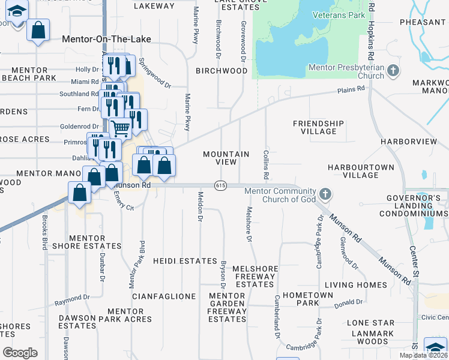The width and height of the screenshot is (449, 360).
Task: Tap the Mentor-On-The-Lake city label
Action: (107, 39)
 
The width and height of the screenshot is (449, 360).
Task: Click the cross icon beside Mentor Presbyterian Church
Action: (393, 71)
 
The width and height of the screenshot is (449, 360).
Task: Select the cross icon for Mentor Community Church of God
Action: (325, 194)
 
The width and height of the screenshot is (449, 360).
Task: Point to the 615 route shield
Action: (220, 185)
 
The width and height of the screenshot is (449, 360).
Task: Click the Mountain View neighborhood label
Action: (226, 158)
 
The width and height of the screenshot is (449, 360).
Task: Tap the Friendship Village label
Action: (319, 127)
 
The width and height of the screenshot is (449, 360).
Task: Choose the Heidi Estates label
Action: (185, 261)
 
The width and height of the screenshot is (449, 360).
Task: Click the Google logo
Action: (20, 352)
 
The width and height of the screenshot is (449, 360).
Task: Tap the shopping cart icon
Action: (121, 127)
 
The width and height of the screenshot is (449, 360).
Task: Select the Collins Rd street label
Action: (265, 164)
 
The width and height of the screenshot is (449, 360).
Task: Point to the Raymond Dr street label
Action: (72, 298)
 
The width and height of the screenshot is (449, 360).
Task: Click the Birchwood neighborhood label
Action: (222, 70)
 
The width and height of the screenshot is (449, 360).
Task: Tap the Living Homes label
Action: (356, 284)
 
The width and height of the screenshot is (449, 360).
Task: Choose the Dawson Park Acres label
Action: (129, 316)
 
